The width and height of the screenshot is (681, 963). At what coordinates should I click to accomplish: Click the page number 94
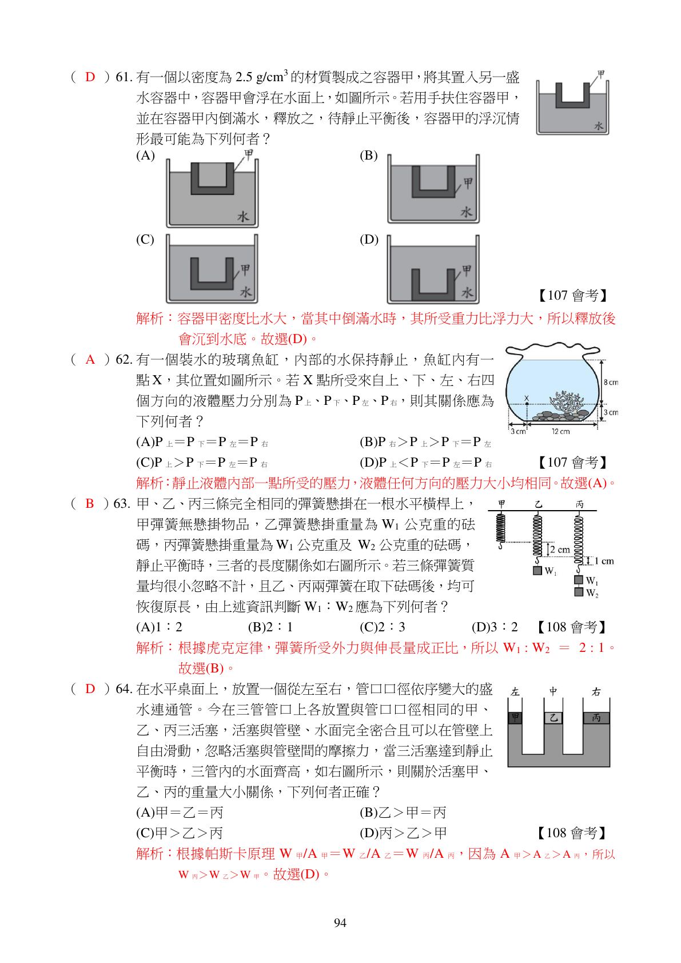[340, 922]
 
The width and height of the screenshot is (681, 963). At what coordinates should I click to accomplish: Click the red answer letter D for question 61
[90, 77]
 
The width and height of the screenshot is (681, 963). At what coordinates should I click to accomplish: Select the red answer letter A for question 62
[90, 360]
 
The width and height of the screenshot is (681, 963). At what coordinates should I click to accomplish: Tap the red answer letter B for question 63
[90, 504]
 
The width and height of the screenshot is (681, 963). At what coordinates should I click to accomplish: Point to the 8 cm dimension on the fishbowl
[610, 382]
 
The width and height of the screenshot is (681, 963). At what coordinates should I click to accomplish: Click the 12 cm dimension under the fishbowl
[560, 431]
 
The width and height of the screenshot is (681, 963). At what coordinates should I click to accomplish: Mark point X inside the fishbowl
[526, 399]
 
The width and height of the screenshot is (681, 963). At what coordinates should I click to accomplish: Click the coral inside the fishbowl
[568, 400]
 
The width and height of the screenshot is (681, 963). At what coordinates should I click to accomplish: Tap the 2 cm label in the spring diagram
[560, 550]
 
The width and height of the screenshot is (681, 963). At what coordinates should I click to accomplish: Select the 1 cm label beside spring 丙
[604, 561]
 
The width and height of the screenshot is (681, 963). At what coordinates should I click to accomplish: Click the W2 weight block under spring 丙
[579, 592]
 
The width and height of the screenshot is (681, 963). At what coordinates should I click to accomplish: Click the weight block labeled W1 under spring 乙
[537, 570]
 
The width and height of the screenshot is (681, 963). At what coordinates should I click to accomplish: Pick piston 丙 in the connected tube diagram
[596, 718]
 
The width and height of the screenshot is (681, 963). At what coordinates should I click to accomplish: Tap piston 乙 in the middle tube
[553, 718]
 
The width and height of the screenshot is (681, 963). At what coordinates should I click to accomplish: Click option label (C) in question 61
[145, 239]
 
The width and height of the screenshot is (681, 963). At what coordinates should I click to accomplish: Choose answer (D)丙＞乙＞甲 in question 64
[403, 833]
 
